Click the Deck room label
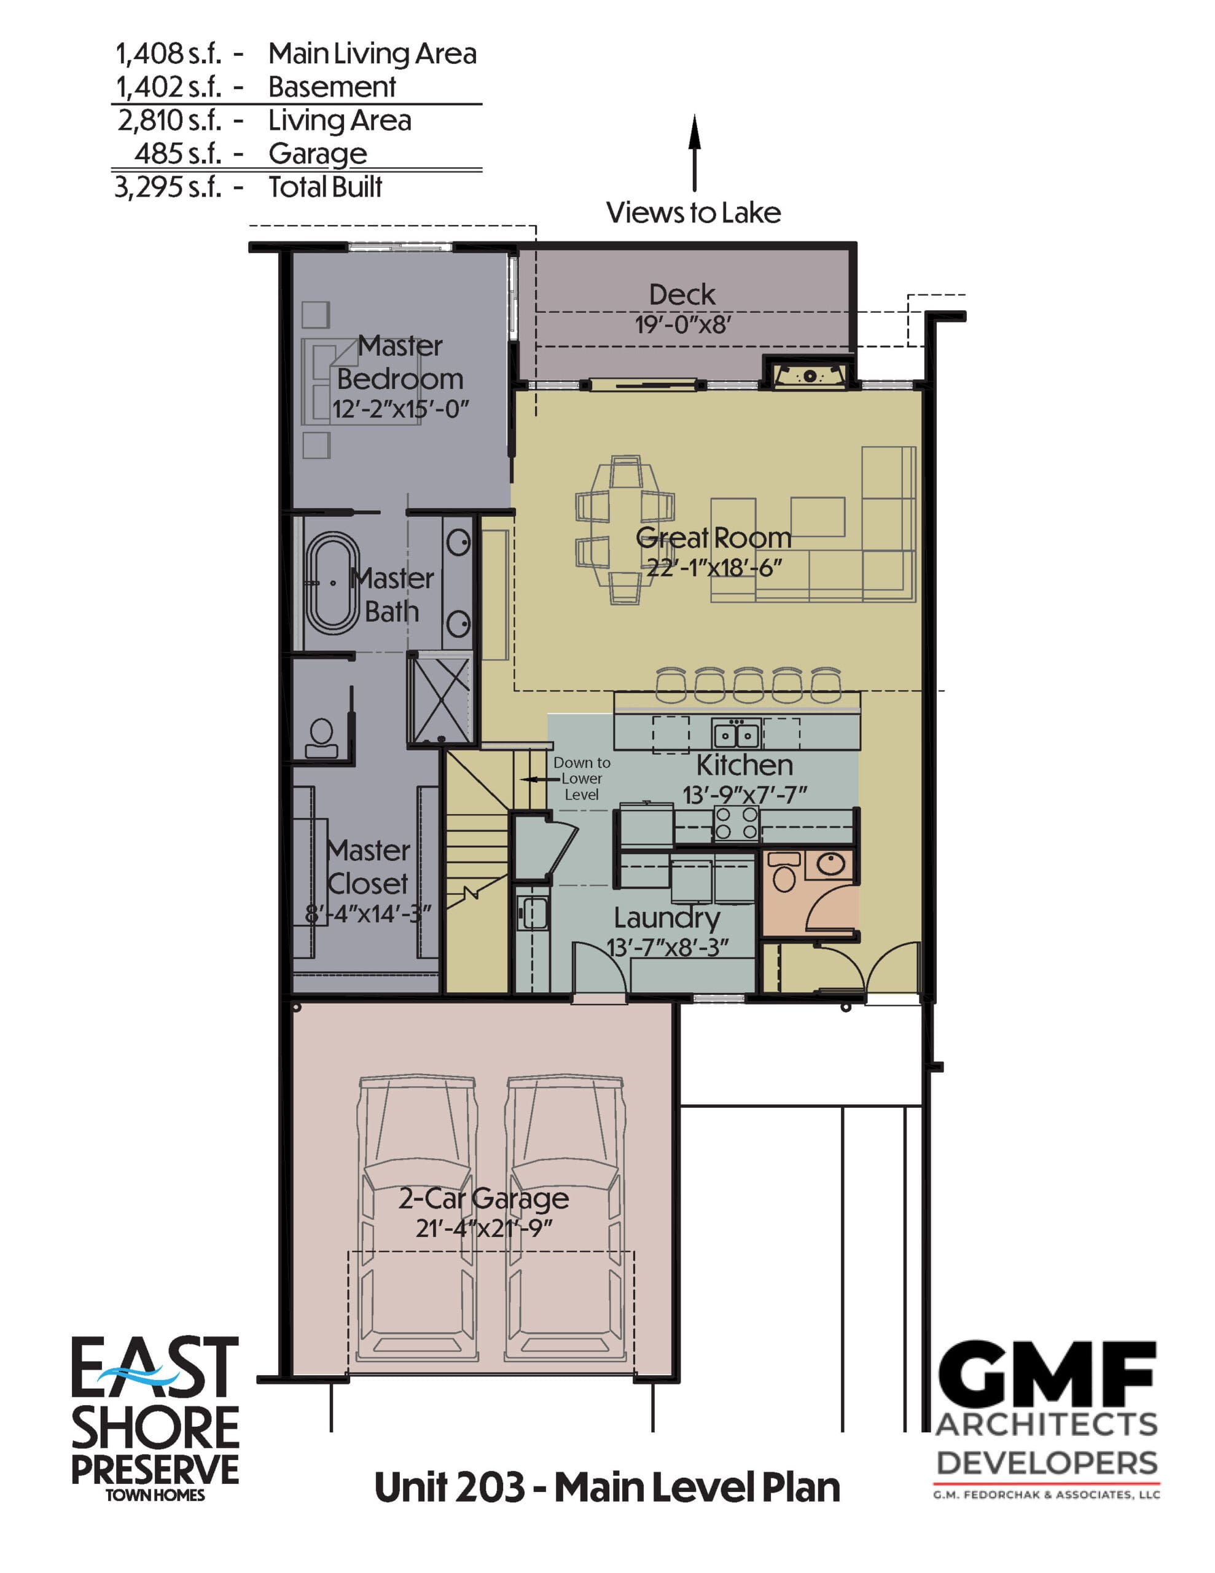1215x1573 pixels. (x=681, y=294)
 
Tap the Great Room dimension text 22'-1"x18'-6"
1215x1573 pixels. (x=714, y=568)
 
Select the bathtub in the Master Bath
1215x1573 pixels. (x=333, y=583)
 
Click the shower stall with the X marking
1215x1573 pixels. (x=439, y=699)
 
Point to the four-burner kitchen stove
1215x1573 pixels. (x=736, y=823)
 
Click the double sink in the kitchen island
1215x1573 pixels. (x=736, y=734)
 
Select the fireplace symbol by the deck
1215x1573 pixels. (x=810, y=375)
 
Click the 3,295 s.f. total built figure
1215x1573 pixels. (x=168, y=187)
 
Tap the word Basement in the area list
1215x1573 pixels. (x=332, y=87)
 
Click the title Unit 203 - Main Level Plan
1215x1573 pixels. (x=607, y=1488)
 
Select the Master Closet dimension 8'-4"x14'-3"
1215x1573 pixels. (x=368, y=914)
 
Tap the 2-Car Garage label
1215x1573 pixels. (x=483, y=1198)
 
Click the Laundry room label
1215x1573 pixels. (x=667, y=917)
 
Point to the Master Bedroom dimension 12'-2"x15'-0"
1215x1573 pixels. (x=400, y=409)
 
